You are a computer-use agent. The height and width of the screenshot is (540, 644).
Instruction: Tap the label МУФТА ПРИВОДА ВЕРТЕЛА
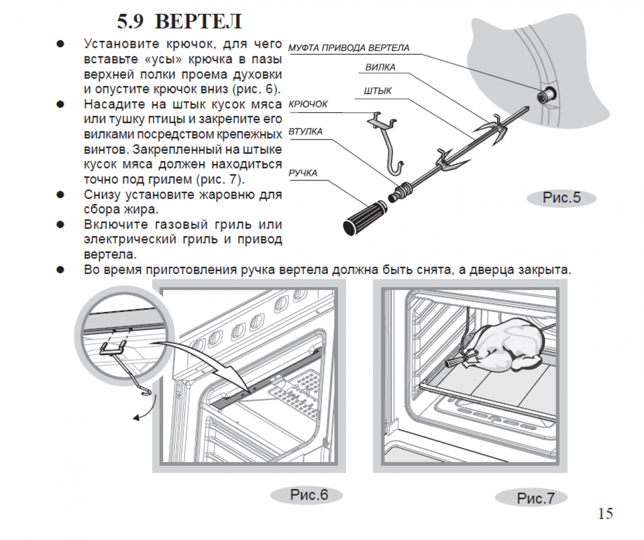coord(349,48)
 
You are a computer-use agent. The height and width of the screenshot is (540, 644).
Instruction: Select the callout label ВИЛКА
coord(380,68)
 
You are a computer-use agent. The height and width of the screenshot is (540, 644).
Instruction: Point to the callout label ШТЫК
coord(377,91)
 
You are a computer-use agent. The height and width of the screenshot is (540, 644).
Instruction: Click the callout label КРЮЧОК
coord(308,104)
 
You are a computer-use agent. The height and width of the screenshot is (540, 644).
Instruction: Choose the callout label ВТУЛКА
coord(305,132)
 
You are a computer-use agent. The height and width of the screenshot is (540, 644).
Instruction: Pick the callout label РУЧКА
coord(303,173)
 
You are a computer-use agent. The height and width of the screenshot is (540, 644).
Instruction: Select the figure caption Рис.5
coord(561,198)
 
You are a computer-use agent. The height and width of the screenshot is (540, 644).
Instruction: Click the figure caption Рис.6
coord(309,494)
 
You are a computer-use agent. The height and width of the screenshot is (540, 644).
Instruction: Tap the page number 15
coord(605,514)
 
